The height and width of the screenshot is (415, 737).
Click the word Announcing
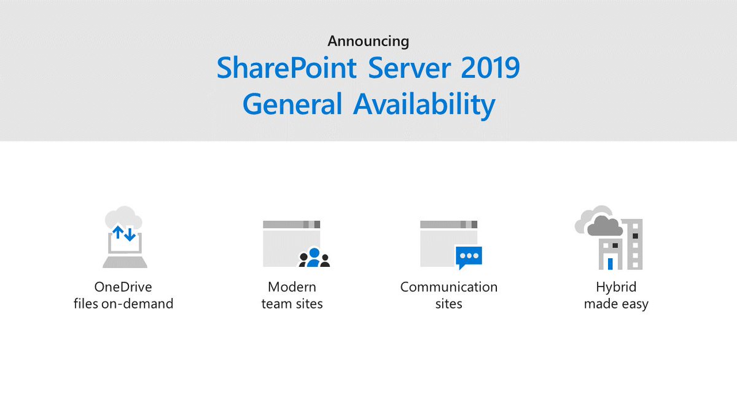click(x=368, y=41)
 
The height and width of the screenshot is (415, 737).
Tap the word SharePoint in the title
click(x=287, y=68)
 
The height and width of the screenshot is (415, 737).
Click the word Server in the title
click(x=405, y=68)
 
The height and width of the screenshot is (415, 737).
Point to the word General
click(x=292, y=105)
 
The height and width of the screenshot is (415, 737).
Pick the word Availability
click(x=424, y=105)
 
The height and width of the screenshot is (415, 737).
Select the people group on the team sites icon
click(x=314, y=258)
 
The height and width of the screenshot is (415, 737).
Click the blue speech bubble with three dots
click(x=469, y=256)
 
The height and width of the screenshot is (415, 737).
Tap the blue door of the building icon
click(x=610, y=263)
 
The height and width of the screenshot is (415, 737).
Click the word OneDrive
click(x=123, y=287)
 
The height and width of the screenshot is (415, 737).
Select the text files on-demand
click(x=123, y=303)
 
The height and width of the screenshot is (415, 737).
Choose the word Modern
click(x=292, y=287)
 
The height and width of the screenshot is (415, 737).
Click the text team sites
click(x=292, y=303)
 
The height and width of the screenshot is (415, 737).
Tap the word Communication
click(x=448, y=287)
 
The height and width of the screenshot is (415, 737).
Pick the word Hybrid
click(x=616, y=287)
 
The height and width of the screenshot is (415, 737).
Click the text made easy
click(x=616, y=303)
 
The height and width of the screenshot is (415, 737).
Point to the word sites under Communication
click(x=448, y=303)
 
